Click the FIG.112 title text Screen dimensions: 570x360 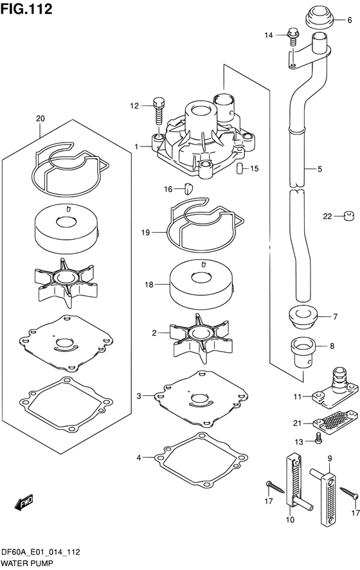coord(26,9)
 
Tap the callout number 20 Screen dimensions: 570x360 coord(40,119)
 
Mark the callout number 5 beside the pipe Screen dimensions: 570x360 coord(319,170)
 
